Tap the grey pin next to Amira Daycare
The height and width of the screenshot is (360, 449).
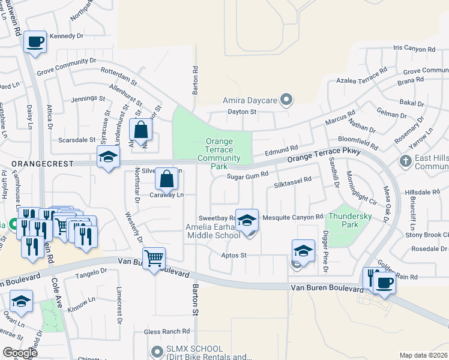[286, 100]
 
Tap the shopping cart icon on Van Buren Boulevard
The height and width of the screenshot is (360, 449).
[154, 259]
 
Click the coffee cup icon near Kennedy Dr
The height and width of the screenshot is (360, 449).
[35, 42]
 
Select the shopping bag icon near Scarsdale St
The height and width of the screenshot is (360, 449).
[140, 129]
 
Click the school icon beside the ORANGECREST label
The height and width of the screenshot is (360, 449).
[109, 157]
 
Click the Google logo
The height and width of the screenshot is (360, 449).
[20, 352]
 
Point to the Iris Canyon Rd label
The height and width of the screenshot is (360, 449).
[414, 49]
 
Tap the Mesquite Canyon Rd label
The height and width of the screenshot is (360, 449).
[289, 217]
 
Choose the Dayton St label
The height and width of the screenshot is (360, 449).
[241, 112]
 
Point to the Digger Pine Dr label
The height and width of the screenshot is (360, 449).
[325, 251]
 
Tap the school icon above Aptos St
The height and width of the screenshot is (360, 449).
[303, 251]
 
